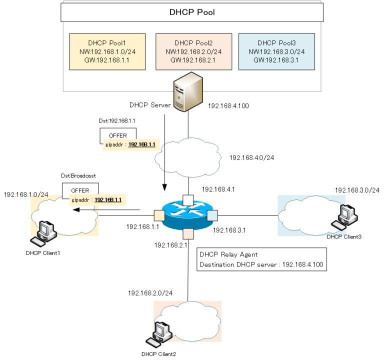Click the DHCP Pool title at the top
coord(191,12)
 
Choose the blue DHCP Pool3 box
coord(276,51)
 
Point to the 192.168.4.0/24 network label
coord(251,157)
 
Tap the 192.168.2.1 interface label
coord(170,245)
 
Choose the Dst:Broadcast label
coord(79,176)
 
